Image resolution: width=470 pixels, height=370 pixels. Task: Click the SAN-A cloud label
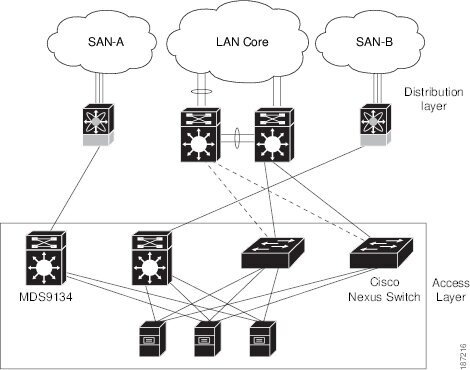pyautogui.click(x=106, y=42)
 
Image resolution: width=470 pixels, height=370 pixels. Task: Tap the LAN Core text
pyautogui.click(x=242, y=42)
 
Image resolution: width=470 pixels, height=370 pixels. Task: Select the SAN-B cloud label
pyautogui.click(x=374, y=42)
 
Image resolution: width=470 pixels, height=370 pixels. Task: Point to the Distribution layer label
pyautogui.click(x=434, y=99)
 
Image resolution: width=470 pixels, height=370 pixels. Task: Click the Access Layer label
pyautogui.click(x=451, y=290)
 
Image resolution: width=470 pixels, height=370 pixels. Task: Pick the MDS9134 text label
pyautogui.click(x=45, y=297)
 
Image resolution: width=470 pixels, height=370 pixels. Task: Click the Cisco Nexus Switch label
pyautogui.click(x=384, y=289)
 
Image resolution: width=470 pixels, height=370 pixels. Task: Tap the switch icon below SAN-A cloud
pyautogui.click(x=98, y=125)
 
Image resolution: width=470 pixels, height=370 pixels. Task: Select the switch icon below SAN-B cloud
pyautogui.click(x=375, y=125)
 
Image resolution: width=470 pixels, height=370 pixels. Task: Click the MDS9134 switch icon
pyautogui.click(x=46, y=258)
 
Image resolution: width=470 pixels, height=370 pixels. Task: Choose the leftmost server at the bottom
pyautogui.click(x=152, y=339)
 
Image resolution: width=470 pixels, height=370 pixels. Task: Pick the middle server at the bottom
pyautogui.click(x=207, y=339)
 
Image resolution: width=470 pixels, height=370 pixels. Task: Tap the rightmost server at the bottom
pyautogui.click(x=263, y=339)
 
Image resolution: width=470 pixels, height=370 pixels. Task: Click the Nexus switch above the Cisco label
pyautogui.click(x=381, y=253)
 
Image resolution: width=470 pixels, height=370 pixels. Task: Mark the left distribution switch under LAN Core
pyautogui.click(x=200, y=135)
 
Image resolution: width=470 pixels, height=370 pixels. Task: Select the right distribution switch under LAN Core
pyautogui.click(x=274, y=135)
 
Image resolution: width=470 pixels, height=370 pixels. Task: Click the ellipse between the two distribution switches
pyautogui.click(x=237, y=138)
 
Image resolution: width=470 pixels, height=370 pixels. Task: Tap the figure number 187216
pyautogui.click(x=463, y=356)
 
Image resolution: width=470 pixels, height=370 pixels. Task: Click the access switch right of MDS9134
pyautogui.click(x=152, y=258)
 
